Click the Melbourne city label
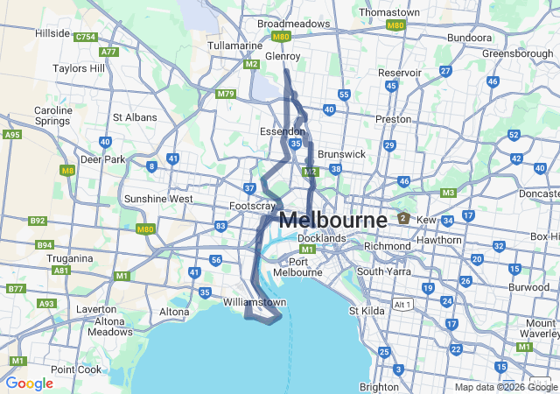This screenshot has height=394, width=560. pyautogui.click(x=332, y=220)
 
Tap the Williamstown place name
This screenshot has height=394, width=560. pyautogui.click(x=255, y=302)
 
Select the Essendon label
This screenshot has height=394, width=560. pyautogui.click(x=283, y=130)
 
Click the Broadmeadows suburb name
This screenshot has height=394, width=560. pyautogui.click(x=294, y=24)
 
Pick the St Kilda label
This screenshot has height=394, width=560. pyautogui.click(x=367, y=310)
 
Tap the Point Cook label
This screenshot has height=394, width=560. pyautogui.click(x=76, y=369)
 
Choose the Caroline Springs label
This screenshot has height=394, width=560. pyautogui.click(x=52, y=116)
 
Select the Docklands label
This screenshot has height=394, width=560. pyautogui.click(x=321, y=238)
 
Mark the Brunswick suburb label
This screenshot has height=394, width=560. pyautogui.click(x=342, y=153)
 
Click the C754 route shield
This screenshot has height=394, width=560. pyautogui.click(x=86, y=38)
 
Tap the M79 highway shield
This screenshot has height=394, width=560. pyautogui.click(x=226, y=94)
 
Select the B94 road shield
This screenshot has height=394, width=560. pyautogui.click(x=44, y=245)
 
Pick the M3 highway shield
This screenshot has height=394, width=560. pyautogui.click(x=448, y=193)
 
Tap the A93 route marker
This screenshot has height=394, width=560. pyautogui.click(x=45, y=304)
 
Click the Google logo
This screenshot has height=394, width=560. pyautogui.click(x=30, y=383)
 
